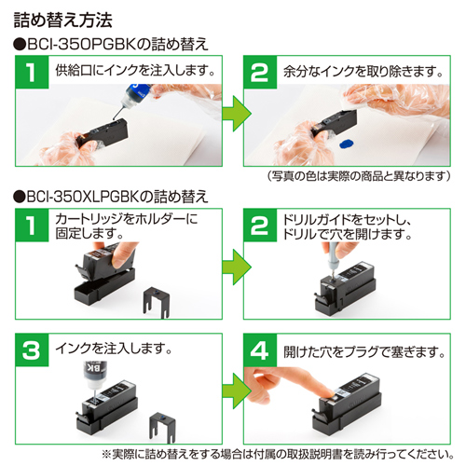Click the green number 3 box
[x=32, y=350]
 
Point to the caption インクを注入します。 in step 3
[x=115, y=348]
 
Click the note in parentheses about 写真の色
[x=359, y=176]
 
